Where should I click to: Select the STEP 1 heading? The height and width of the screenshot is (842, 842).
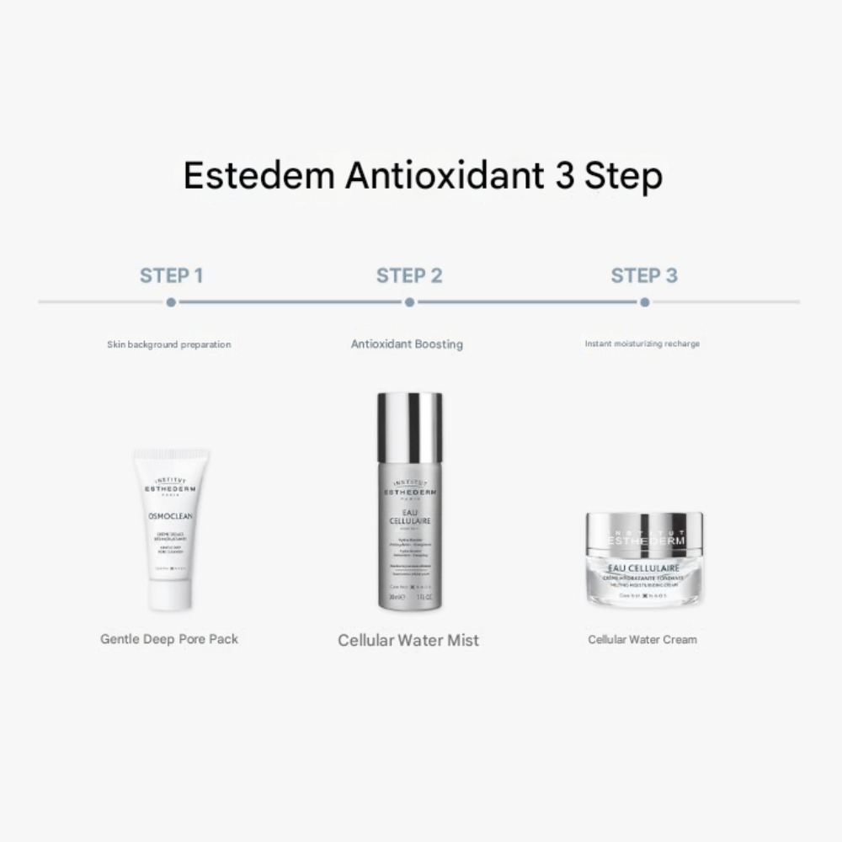171,275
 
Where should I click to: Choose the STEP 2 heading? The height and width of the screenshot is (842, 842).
409,275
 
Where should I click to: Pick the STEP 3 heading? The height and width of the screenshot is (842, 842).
644,275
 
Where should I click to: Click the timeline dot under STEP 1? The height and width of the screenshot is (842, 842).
171,301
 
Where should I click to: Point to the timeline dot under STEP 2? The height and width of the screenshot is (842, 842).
409,301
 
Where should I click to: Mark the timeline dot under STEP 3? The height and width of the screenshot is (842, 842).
644,301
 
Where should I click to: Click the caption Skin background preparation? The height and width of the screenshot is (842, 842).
168,344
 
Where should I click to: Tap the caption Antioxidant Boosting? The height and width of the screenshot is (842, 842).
407,344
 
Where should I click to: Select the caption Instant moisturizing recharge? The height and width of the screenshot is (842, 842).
642,344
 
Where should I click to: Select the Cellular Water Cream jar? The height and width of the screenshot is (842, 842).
642,560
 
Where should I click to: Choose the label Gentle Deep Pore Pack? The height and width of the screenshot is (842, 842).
169,639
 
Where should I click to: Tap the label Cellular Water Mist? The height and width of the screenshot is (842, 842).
408,640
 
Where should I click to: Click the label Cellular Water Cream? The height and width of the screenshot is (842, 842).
642,639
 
